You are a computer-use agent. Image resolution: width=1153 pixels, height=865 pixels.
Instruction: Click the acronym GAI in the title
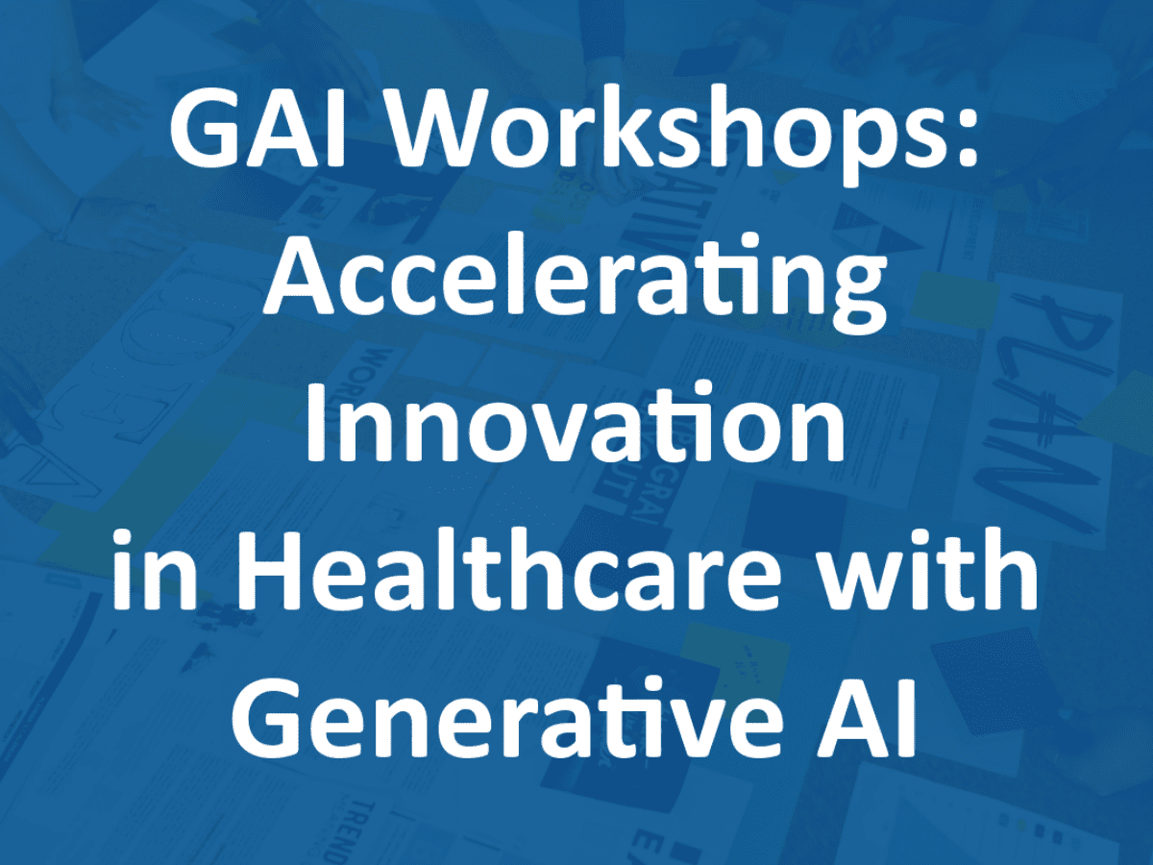tap(258, 131)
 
